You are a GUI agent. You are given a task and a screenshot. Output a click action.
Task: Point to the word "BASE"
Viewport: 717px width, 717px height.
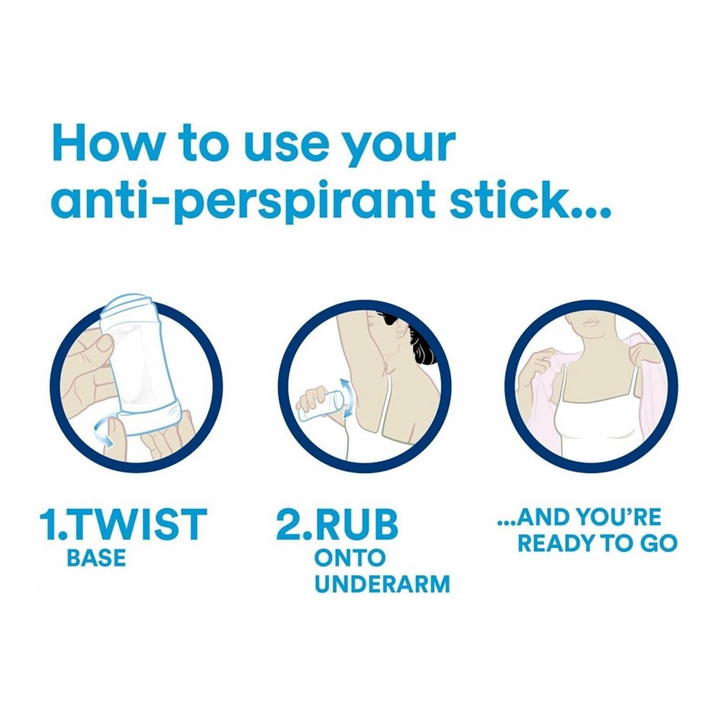96,559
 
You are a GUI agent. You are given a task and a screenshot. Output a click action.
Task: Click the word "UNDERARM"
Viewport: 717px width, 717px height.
382,584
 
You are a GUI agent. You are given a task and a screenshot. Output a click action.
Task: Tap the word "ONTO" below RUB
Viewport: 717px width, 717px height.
351,559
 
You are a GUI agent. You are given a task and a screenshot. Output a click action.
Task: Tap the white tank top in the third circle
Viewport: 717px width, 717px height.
598,421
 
